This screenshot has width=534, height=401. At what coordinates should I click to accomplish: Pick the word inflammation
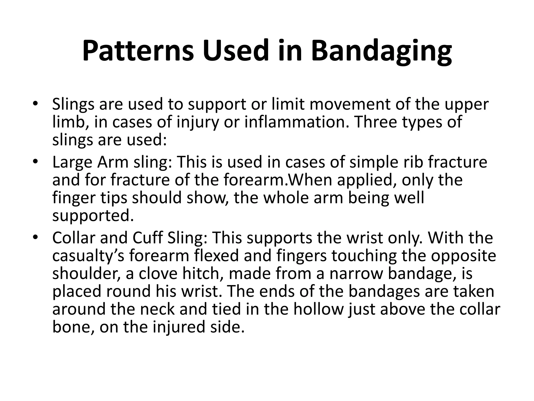(x=296, y=122)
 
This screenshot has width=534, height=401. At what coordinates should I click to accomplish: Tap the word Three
(x=376, y=122)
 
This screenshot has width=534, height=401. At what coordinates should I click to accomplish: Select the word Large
(x=72, y=162)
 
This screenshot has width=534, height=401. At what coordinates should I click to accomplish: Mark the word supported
(x=93, y=216)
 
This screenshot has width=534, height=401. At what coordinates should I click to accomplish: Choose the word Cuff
(x=147, y=238)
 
